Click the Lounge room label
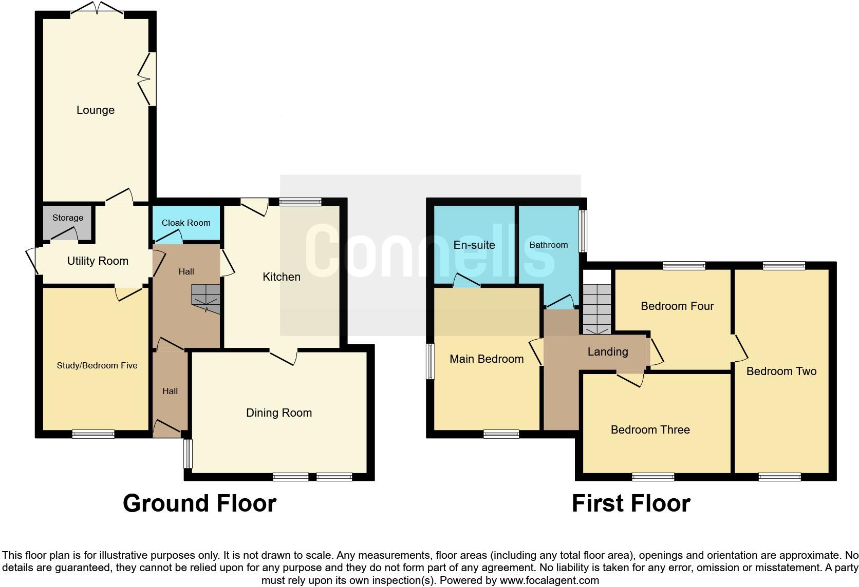click(96, 110)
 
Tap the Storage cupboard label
click(68, 218)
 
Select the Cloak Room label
click(186, 223)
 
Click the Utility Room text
click(98, 261)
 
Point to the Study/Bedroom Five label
click(97, 365)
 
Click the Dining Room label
click(279, 413)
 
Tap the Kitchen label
click(282, 277)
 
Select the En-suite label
click(474, 245)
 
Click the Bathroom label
click(549, 245)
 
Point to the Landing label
click(608, 351)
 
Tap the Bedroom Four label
click(677, 306)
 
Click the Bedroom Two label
click(781, 371)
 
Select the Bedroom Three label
click(650, 429)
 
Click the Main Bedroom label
click(487, 359)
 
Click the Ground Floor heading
click(199, 503)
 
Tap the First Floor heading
click(631, 503)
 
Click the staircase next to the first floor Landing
click(597, 308)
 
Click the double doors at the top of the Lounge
click(97, 8)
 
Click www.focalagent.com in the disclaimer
click(549, 580)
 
